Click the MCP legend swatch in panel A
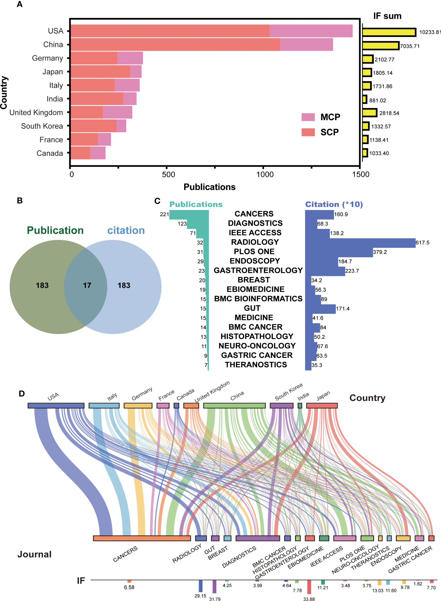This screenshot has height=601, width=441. point(308,117)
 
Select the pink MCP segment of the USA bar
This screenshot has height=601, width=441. point(311,31)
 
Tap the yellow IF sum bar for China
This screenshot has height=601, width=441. point(380,46)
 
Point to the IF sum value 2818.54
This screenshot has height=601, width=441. point(389,113)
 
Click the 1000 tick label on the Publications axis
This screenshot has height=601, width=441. point(265,174)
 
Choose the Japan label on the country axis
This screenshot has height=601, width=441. point(53,72)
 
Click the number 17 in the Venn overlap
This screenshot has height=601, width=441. point(87,285)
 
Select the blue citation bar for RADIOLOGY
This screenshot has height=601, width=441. point(360,243)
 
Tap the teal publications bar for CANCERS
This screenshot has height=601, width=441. point(189,215)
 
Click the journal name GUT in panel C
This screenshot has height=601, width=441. point(252,308)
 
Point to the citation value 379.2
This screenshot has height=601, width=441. point(380,252)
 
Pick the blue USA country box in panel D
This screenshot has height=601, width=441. point(56,406)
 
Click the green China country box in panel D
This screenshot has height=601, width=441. point(234,406)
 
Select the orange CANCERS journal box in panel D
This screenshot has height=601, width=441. point(142,538)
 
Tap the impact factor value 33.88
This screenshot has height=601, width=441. point(309,599)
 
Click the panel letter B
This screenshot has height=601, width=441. point(20,201)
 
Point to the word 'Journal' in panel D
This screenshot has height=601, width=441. point(34,554)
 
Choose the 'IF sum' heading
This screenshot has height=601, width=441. point(387,16)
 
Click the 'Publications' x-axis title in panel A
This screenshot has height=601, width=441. point(209,187)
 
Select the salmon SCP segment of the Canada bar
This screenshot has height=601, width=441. point(80,153)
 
